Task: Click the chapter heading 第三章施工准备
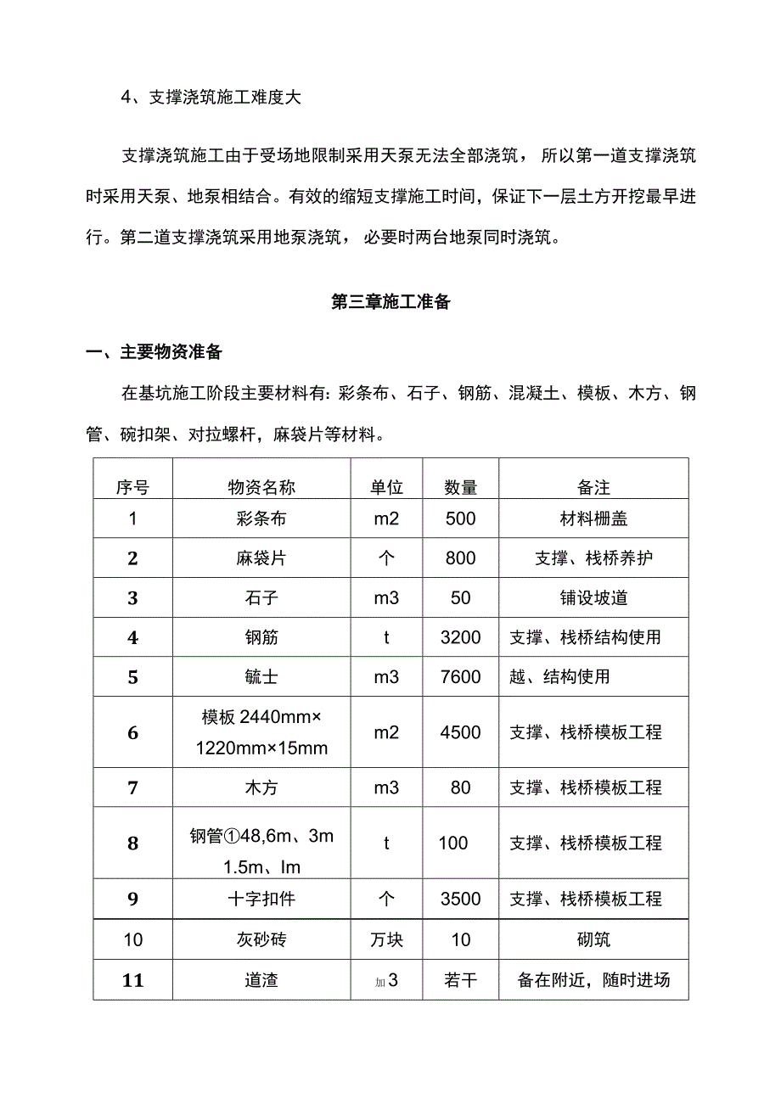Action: (x=390, y=302)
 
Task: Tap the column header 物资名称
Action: (x=261, y=487)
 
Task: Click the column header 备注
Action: (x=593, y=487)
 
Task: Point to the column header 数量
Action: (x=461, y=487)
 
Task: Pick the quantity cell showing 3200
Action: (x=461, y=637)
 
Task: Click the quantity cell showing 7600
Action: (x=461, y=677)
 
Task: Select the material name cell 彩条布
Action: (x=261, y=518)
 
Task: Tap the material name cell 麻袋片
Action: (x=261, y=558)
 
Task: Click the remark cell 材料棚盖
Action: (x=593, y=518)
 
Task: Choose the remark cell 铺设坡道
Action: (x=593, y=597)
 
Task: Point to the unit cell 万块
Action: (x=386, y=939)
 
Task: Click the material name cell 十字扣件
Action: (x=261, y=899)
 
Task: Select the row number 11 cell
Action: (x=132, y=980)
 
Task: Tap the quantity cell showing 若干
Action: (x=461, y=980)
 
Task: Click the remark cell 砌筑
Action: (x=593, y=939)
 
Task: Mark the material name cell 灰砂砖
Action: (x=261, y=939)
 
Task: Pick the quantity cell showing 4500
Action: (x=461, y=732)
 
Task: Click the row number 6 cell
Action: (x=132, y=732)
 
